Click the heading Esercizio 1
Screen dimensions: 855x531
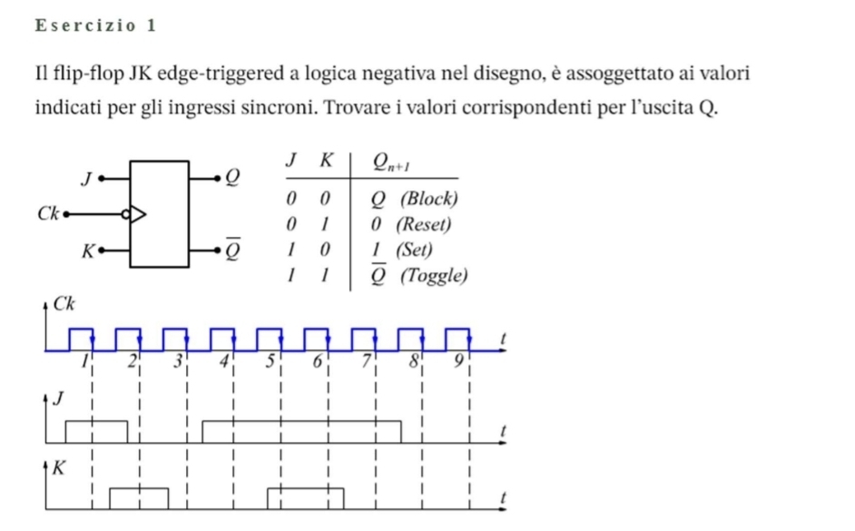pyautogui.click(x=96, y=25)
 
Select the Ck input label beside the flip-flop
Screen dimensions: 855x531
pyautogui.click(x=47, y=213)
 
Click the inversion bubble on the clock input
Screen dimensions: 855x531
pyautogui.click(x=125, y=214)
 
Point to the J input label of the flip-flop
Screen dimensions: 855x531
pyautogui.click(x=86, y=179)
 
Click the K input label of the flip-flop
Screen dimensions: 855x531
pyautogui.click(x=88, y=251)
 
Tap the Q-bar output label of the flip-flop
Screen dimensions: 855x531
pyautogui.click(x=233, y=249)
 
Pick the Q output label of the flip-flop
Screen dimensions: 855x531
pyautogui.click(x=233, y=177)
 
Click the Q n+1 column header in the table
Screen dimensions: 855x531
pyautogui.click(x=391, y=162)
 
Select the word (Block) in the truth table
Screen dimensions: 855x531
pyautogui.click(x=429, y=199)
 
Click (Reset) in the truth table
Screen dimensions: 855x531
pyautogui.click(x=424, y=224)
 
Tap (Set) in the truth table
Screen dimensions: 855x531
pyautogui.click(x=415, y=250)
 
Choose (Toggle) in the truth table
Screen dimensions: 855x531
pyautogui.click(x=434, y=275)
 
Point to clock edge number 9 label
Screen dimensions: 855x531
pyautogui.click(x=458, y=361)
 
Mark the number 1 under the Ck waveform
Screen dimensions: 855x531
pyautogui.click(x=84, y=361)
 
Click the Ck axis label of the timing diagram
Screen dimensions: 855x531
pyautogui.click(x=64, y=304)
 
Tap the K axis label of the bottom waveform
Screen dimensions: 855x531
pyautogui.click(x=59, y=467)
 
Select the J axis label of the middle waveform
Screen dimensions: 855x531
pyautogui.click(x=58, y=399)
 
